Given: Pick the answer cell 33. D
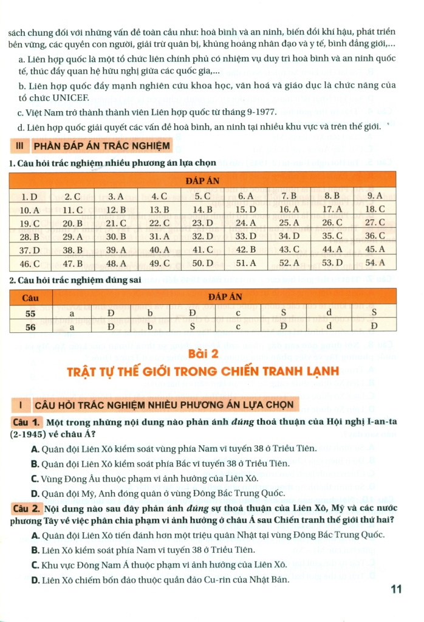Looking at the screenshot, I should point(245,236).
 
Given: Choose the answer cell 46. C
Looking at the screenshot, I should point(30,263).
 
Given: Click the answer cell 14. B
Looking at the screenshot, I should point(202,210).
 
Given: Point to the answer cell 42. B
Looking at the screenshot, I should point(245,250).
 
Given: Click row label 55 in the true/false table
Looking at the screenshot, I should point(30,313).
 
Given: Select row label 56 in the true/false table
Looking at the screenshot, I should point(30,326).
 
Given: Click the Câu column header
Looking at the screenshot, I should point(30,298).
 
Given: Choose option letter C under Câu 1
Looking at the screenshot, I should point(35,477).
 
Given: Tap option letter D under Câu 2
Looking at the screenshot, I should point(35,580).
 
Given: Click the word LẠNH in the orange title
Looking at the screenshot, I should point(321,370).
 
